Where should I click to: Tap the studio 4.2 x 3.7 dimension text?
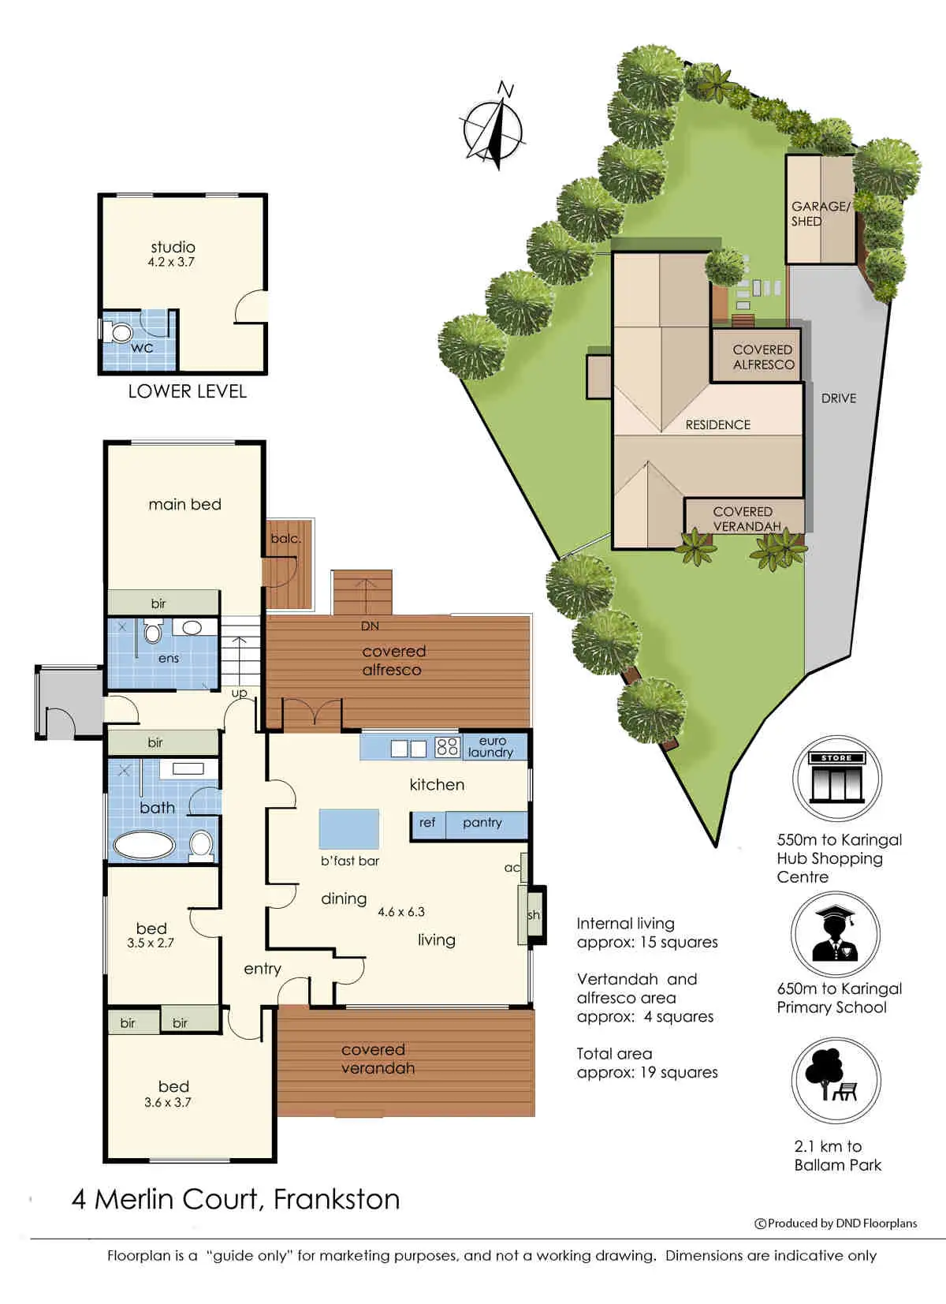click(x=171, y=262)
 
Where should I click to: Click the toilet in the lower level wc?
click(x=120, y=332)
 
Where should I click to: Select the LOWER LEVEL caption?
click(x=187, y=391)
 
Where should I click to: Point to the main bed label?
click(x=184, y=504)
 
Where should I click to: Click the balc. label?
click(x=285, y=539)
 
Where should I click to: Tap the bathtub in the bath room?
click(x=143, y=845)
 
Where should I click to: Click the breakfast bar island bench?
click(x=348, y=829)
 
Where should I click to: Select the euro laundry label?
click(x=490, y=746)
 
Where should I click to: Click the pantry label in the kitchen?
click(x=482, y=822)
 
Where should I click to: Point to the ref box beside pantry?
click(x=427, y=823)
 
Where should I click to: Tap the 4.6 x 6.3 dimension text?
click(x=401, y=912)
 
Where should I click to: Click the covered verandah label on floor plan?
click(x=378, y=1059)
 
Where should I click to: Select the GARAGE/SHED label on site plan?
click(x=820, y=214)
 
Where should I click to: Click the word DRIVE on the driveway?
click(x=838, y=398)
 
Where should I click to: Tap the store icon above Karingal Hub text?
click(x=836, y=779)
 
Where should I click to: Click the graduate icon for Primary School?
click(x=835, y=934)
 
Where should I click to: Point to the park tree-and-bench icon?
click(x=835, y=1080)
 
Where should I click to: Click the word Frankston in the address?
click(x=337, y=1199)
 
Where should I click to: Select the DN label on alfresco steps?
click(x=370, y=626)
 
